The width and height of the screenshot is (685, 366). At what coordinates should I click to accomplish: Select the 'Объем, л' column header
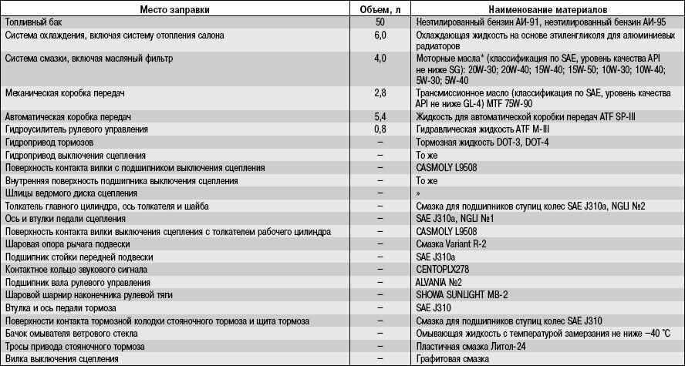click(379, 8)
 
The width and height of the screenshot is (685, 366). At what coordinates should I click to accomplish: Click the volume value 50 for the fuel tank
click(379, 22)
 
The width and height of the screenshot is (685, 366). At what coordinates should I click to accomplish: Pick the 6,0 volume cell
click(379, 35)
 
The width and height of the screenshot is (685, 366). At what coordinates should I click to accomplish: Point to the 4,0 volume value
click(379, 58)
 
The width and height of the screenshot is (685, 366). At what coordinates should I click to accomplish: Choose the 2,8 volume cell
click(379, 92)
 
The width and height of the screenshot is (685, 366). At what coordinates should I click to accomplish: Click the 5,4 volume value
click(379, 116)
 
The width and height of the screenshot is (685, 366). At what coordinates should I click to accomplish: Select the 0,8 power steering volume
click(379, 129)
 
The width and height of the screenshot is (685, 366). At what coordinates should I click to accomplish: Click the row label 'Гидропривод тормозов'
click(50, 143)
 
